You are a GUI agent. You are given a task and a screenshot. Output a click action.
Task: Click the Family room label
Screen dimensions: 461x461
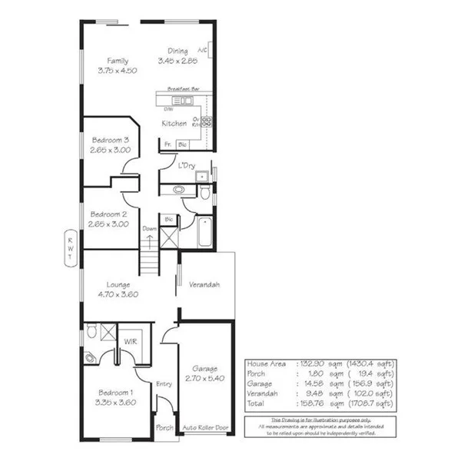(x=118, y=61)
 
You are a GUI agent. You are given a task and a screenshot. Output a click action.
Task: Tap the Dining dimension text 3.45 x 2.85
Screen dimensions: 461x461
(x=177, y=61)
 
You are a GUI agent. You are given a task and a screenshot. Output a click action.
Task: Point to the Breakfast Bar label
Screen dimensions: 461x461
(x=183, y=89)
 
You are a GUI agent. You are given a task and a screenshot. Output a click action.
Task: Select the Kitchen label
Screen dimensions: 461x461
(x=174, y=123)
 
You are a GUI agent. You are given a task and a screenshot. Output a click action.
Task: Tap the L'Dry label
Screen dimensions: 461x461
(x=186, y=165)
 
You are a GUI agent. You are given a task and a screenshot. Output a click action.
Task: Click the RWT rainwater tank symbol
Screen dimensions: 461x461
(x=69, y=249)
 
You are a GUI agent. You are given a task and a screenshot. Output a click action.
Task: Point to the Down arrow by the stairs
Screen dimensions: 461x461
(x=149, y=239)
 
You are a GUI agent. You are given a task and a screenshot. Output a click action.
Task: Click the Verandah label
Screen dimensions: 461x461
(x=204, y=285)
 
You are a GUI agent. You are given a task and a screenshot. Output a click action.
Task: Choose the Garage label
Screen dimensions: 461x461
(x=205, y=369)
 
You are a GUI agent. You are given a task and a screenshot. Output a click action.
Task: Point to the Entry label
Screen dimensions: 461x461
(x=163, y=384)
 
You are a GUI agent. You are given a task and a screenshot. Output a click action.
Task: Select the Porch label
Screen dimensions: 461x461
(x=164, y=428)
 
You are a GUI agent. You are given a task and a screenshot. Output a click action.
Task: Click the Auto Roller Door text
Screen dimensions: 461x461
(x=206, y=428)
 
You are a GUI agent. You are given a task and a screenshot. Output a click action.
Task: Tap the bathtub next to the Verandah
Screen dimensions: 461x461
(x=204, y=232)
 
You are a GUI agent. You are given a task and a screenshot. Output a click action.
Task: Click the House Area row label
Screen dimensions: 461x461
(x=264, y=363)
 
